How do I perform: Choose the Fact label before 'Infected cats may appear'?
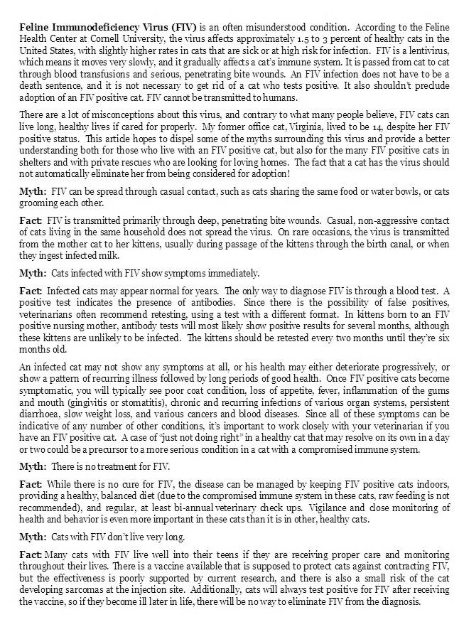[31, 291]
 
